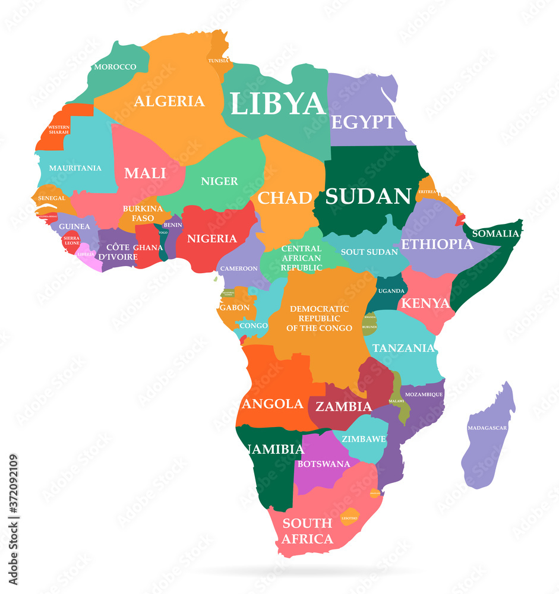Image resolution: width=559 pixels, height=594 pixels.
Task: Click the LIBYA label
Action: point(278,103)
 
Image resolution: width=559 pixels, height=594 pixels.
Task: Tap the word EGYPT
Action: point(362,122)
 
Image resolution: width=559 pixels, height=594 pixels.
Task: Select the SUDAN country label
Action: point(368,196)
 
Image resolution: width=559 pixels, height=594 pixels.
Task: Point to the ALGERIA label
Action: point(169,101)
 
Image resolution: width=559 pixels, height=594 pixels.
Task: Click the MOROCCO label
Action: point(115,67)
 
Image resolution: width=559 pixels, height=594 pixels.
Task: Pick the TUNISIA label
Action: point(218,61)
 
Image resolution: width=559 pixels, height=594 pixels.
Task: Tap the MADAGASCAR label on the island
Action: point(487,428)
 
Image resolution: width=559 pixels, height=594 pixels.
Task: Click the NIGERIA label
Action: point(212,239)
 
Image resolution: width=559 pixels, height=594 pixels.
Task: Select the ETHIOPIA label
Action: point(437,244)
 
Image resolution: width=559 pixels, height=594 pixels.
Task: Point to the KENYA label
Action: point(425,303)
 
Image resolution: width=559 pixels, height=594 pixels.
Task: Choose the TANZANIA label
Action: point(403,347)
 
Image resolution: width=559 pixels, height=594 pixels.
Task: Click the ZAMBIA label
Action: point(343,407)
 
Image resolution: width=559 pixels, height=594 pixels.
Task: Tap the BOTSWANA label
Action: point(324,463)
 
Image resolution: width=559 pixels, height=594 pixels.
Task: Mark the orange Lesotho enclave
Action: point(349,517)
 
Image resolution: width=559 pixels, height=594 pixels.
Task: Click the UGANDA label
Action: point(391,290)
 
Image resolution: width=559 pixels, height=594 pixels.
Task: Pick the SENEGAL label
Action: point(52,197)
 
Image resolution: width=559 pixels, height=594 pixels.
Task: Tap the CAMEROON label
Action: point(239,268)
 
